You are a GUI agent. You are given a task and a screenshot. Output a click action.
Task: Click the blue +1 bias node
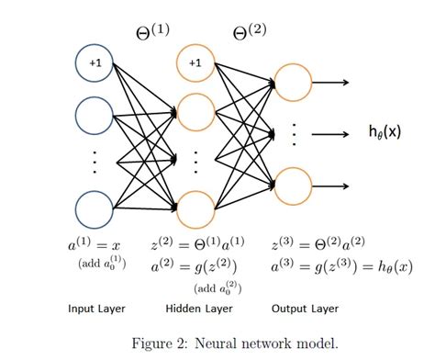pyautogui.click(x=95, y=63)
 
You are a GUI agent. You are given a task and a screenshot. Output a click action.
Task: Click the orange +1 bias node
pyautogui.click(x=195, y=63)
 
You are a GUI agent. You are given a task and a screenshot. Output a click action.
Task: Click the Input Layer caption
pyautogui.click(x=96, y=308)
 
